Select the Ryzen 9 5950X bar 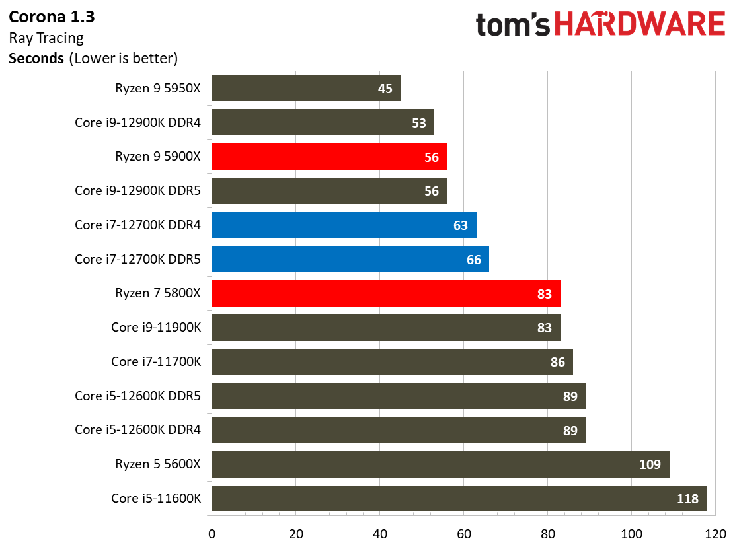[x=306, y=88]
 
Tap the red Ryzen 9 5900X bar [x=329, y=157]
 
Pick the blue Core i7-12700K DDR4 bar [x=344, y=225]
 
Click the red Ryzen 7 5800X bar [x=385, y=293]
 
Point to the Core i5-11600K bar [x=459, y=499]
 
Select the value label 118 [x=687, y=499]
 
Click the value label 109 [x=650, y=464]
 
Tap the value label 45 [x=385, y=89]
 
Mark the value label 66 [x=473, y=260]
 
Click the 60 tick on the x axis [x=463, y=533]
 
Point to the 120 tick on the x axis [x=715, y=533]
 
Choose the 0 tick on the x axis [x=212, y=533]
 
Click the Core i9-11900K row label [x=156, y=327]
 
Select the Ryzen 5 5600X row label [x=157, y=464]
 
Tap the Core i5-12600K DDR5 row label [x=137, y=396]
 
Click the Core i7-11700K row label [x=156, y=361]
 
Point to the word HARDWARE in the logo [x=639, y=25]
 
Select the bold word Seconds [x=36, y=58]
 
